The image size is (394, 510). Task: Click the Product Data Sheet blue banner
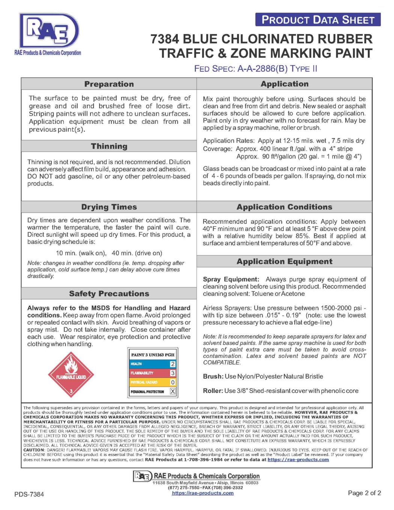pyautogui.click(x=318, y=20)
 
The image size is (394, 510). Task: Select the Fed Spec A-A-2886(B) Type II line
pyautogui.click(x=256, y=69)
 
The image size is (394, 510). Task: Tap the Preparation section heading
pyautogui.click(x=109, y=84)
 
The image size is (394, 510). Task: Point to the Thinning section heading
pyautogui.click(x=109, y=146)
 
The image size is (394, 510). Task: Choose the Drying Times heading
pyautogui.click(x=109, y=207)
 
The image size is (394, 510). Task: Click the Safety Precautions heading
pyautogui.click(x=109, y=294)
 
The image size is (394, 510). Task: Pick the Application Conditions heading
pyautogui.click(x=284, y=207)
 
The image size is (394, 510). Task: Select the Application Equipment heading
pyautogui.click(x=284, y=262)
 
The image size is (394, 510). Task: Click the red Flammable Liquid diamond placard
pyautogui.click(x=71, y=374)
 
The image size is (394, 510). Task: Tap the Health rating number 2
pyautogui.click(x=173, y=364)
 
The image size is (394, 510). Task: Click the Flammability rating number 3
pyautogui.click(x=173, y=373)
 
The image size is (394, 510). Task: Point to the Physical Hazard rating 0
pyautogui.click(x=173, y=382)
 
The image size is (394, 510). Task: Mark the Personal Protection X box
pyautogui.click(x=173, y=391)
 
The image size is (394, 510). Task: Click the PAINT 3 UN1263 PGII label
pyautogui.click(x=153, y=355)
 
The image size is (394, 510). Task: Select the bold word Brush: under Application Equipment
pyautogui.click(x=213, y=376)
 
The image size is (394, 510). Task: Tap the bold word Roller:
pyautogui.click(x=213, y=391)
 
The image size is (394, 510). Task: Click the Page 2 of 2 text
pyautogui.click(x=364, y=493)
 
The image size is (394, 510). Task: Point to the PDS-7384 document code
pyautogui.click(x=29, y=494)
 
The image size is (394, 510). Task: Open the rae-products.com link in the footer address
pyautogui.click(x=203, y=493)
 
